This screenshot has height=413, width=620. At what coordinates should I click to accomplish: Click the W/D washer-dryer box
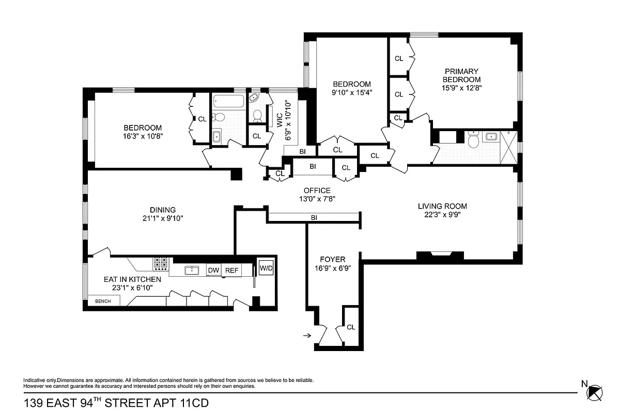pos(266,268)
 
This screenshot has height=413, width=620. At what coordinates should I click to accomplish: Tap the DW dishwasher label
pos(213,270)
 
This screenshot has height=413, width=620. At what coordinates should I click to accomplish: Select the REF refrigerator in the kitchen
pos(231,270)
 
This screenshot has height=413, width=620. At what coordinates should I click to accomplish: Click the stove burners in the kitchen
pos(161,264)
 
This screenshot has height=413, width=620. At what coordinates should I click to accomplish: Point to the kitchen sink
pos(192,269)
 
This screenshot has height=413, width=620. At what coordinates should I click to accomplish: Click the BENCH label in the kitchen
pos(103,301)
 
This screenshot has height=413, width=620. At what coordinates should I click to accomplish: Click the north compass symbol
pos(596,392)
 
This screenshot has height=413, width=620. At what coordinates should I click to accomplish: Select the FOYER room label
pos(332,259)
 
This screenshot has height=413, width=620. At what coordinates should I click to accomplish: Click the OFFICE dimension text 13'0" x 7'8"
pos(317,199)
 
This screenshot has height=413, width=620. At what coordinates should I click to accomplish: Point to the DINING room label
pos(163,210)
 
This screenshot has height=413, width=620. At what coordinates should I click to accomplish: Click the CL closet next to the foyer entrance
pos(351,327)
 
